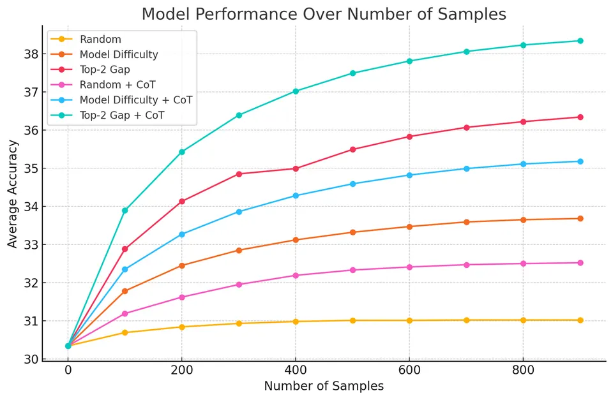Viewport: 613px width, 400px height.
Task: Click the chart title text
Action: click(324, 14)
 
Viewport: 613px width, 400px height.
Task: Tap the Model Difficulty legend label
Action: click(119, 54)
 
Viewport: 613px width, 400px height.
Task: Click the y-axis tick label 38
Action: click(31, 54)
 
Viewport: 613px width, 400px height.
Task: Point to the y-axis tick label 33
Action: click(31, 245)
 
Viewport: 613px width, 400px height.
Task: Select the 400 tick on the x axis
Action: click(296, 369)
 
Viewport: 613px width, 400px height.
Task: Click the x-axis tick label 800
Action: click(523, 369)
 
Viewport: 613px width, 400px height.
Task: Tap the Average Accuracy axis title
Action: click(13, 194)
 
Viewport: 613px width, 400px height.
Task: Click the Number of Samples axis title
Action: click(324, 386)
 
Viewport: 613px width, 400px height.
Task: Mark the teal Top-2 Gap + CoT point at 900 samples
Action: click(580, 41)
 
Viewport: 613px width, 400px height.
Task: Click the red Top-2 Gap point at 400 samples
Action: click(296, 169)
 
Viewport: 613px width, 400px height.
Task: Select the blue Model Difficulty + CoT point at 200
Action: click(182, 234)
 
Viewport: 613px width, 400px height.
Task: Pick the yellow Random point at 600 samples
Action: click(409, 321)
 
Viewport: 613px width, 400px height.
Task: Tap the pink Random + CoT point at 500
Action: click(352, 270)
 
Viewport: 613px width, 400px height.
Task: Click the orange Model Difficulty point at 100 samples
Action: click(125, 291)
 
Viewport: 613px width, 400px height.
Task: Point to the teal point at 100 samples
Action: click(125, 211)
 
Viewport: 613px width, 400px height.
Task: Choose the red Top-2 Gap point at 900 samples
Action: click(580, 117)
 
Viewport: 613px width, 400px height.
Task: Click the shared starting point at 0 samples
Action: click(68, 346)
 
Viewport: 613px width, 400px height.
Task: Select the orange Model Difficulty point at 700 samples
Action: click(466, 222)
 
